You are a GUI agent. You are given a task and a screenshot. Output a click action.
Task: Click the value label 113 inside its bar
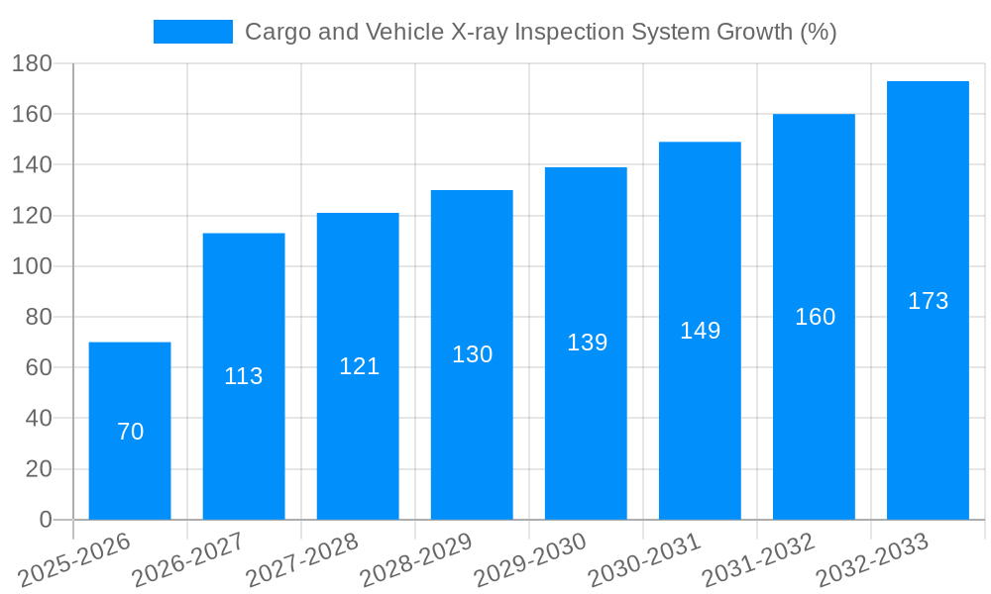[x=244, y=376]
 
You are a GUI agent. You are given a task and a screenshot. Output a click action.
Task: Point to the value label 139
[x=587, y=343]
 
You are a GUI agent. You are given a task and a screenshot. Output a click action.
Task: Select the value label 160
[x=815, y=317]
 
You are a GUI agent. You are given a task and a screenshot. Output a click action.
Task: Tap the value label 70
[x=130, y=432]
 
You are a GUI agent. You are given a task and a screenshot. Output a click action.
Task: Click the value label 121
[x=359, y=366]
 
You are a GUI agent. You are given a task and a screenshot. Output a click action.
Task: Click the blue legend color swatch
[x=192, y=32]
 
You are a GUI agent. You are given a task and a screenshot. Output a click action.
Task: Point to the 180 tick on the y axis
[x=32, y=63]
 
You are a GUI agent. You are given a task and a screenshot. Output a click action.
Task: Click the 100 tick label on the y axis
[x=32, y=266]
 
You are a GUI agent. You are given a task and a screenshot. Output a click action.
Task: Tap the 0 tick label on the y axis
[x=45, y=520]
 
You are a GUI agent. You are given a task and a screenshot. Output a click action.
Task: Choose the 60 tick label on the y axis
[x=38, y=367]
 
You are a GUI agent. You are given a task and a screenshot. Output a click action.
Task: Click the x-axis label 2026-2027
[x=189, y=559]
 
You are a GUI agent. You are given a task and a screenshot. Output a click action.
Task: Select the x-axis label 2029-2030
[x=531, y=559]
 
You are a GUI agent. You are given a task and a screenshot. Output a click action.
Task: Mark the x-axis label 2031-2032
[x=759, y=559]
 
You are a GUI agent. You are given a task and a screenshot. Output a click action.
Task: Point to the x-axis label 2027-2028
[x=303, y=559]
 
